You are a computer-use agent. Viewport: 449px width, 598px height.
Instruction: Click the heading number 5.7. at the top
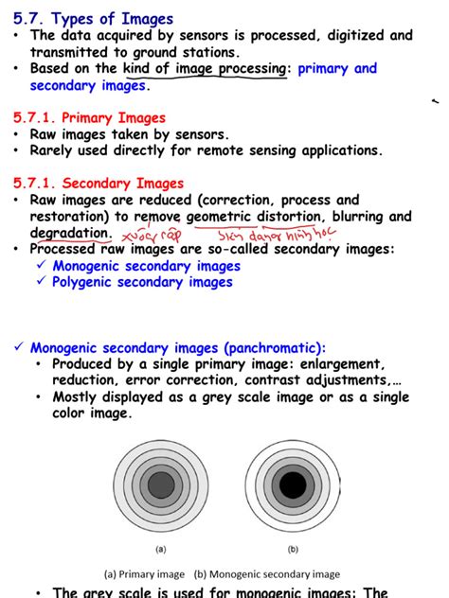tap(30, 18)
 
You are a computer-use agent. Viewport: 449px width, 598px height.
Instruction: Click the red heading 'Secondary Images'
tap(123, 184)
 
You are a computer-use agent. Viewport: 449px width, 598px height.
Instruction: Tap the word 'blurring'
tap(368, 217)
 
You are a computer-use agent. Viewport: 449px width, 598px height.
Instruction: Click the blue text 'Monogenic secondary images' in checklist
tap(146, 266)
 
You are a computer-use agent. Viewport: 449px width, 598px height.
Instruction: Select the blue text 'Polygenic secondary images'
tap(142, 282)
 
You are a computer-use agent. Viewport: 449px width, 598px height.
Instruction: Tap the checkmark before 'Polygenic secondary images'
tap(40, 282)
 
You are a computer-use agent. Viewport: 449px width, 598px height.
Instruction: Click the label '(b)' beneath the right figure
tap(292, 548)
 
